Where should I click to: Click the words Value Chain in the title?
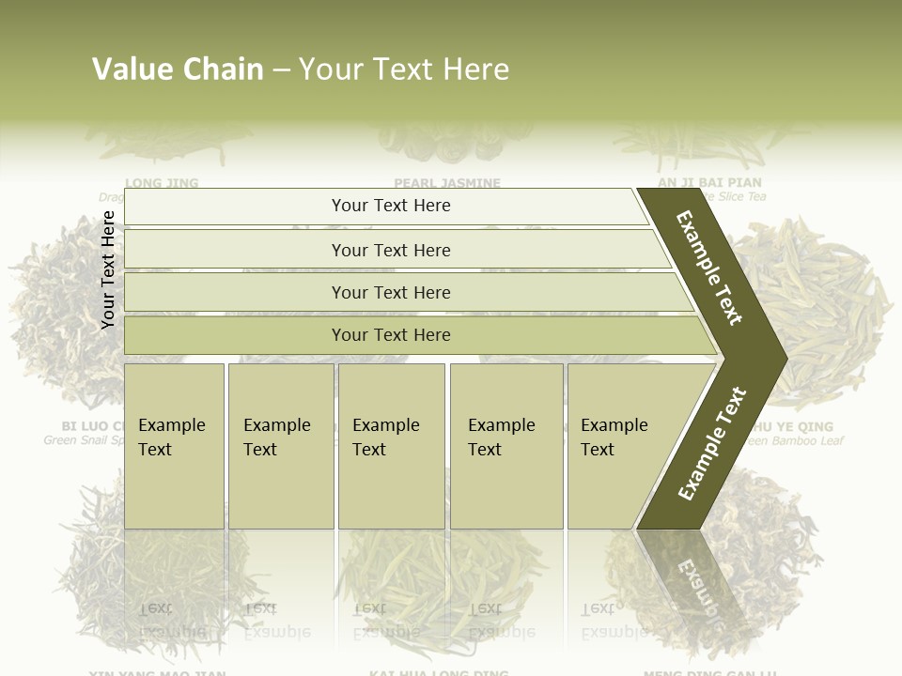[178, 69]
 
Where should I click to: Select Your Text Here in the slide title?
[404, 69]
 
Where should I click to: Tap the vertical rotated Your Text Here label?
[108, 269]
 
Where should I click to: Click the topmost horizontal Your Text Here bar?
[390, 206]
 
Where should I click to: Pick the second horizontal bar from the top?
[390, 250]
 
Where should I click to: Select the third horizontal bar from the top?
[390, 292]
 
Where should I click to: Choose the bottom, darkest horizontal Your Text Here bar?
[390, 335]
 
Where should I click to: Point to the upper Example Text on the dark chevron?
[709, 268]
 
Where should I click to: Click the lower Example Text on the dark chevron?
[712, 443]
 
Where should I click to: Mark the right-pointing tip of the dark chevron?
[782, 358]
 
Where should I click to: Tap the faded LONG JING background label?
[162, 182]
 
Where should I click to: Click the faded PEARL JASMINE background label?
[447, 182]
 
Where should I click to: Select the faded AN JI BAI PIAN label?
[709, 182]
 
